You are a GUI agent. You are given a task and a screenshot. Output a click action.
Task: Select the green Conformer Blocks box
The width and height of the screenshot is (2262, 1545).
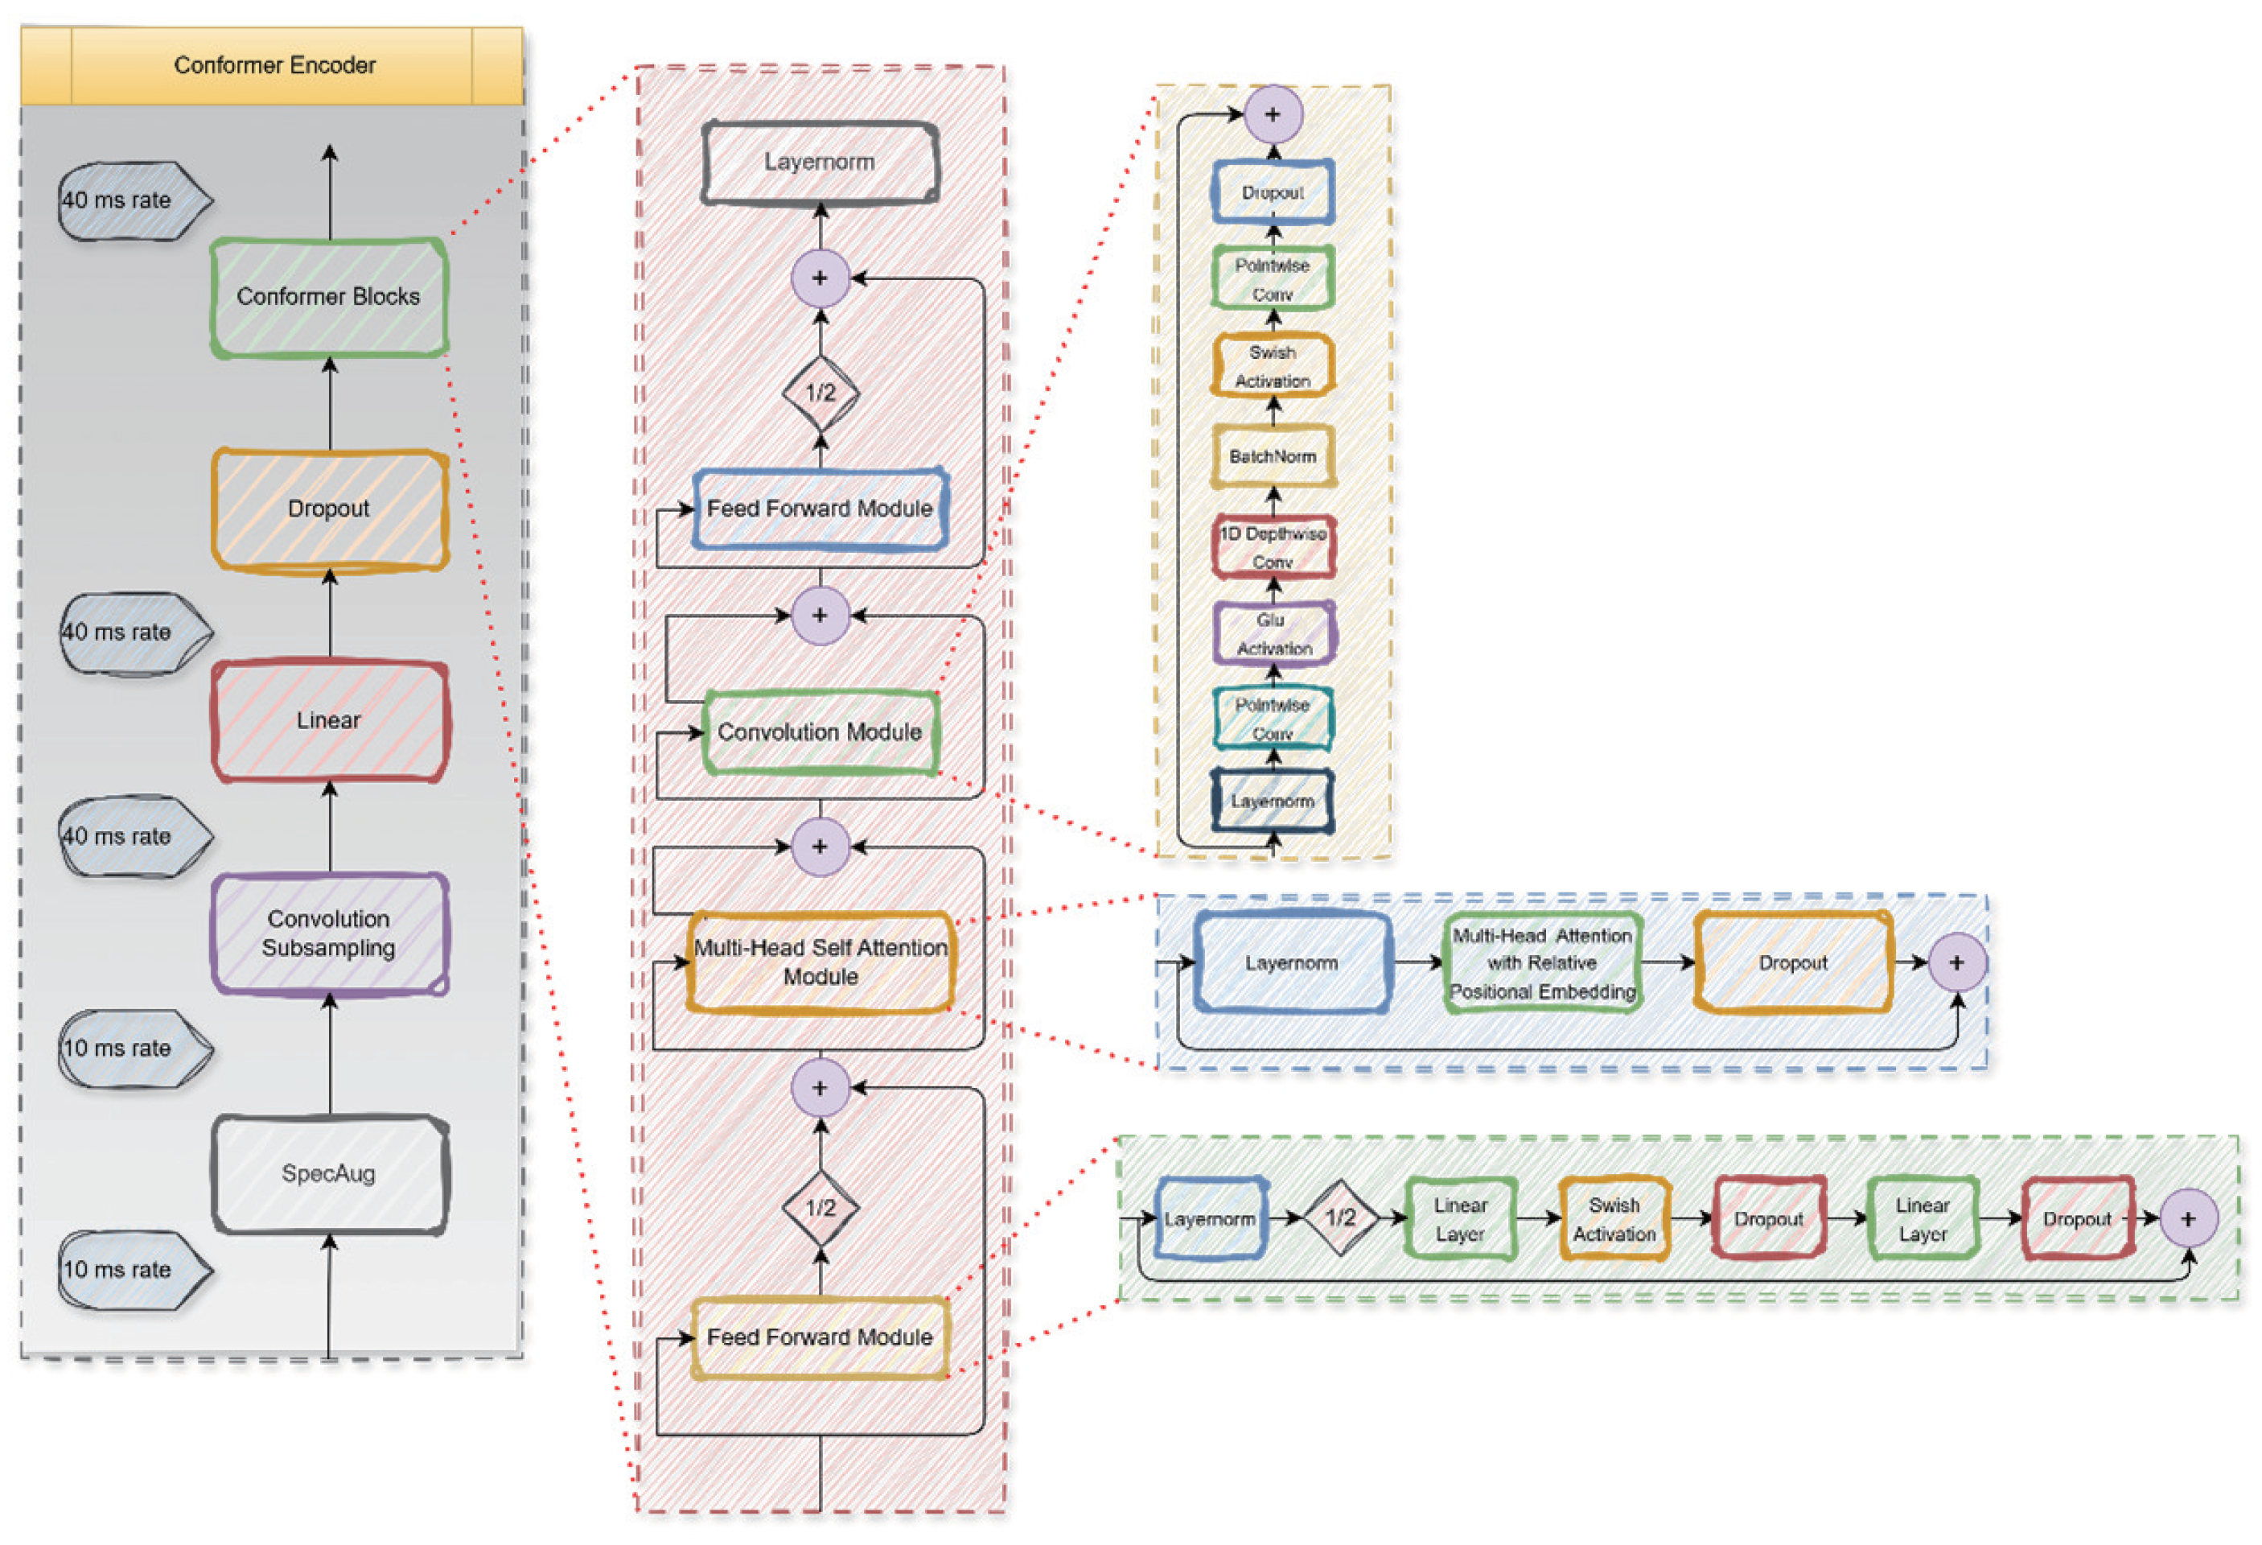click(x=329, y=297)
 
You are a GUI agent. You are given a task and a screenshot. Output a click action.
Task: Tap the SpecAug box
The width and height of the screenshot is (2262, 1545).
click(x=329, y=1174)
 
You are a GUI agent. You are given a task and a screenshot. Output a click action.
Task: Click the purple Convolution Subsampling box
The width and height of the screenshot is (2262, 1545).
click(x=329, y=933)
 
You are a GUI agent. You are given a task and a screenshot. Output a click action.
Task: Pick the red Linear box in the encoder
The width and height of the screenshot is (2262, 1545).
click(x=329, y=720)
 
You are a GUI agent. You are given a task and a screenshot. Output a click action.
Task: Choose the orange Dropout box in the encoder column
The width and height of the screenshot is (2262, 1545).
click(x=329, y=509)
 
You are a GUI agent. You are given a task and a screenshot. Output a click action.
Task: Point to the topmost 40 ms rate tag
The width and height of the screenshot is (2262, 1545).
click(x=131, y=200)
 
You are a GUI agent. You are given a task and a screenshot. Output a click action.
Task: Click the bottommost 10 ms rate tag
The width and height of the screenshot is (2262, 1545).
click(x=131, y=1270)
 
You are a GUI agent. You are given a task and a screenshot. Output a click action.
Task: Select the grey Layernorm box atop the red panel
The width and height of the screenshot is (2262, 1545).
click(x=820, y=162)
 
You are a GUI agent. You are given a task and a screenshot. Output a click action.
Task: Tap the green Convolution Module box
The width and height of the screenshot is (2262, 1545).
click(x=820, y=732)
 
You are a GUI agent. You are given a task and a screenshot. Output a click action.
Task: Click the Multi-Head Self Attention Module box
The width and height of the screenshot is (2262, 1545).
click(x=820, y=962)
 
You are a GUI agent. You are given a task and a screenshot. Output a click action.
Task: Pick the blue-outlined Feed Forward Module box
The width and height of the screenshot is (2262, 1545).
click(x=820, y=509)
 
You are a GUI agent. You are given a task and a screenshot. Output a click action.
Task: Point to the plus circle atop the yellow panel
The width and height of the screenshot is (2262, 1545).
click(x=1272, y=114)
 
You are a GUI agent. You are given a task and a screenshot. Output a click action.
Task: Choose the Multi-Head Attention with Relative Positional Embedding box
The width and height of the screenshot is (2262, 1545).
click(x=1542, y=963)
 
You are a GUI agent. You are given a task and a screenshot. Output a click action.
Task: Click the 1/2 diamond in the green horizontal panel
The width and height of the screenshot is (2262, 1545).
click(x=1340, y=1217)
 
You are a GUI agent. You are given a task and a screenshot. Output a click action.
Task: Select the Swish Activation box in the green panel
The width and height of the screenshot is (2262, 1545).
click(x=1614, y=1219)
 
